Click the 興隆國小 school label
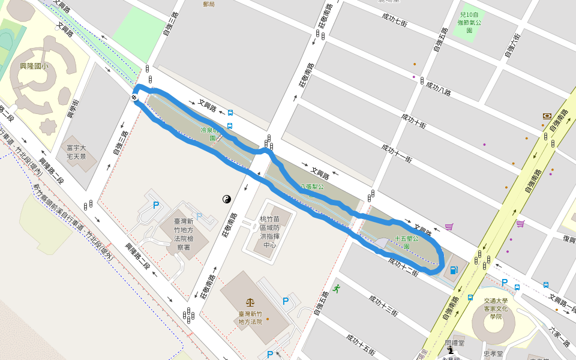pos(34,66)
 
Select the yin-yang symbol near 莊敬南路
pos(227,199)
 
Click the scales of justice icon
pos(250,302)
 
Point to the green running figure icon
pos(337,289)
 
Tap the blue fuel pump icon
pos(454,270)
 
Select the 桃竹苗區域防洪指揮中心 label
pos(269,232)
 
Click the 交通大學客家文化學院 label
pos(496,309)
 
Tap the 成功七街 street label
pos(394,19)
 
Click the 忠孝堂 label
pos(493,354)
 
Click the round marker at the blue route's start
pos(134,98)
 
